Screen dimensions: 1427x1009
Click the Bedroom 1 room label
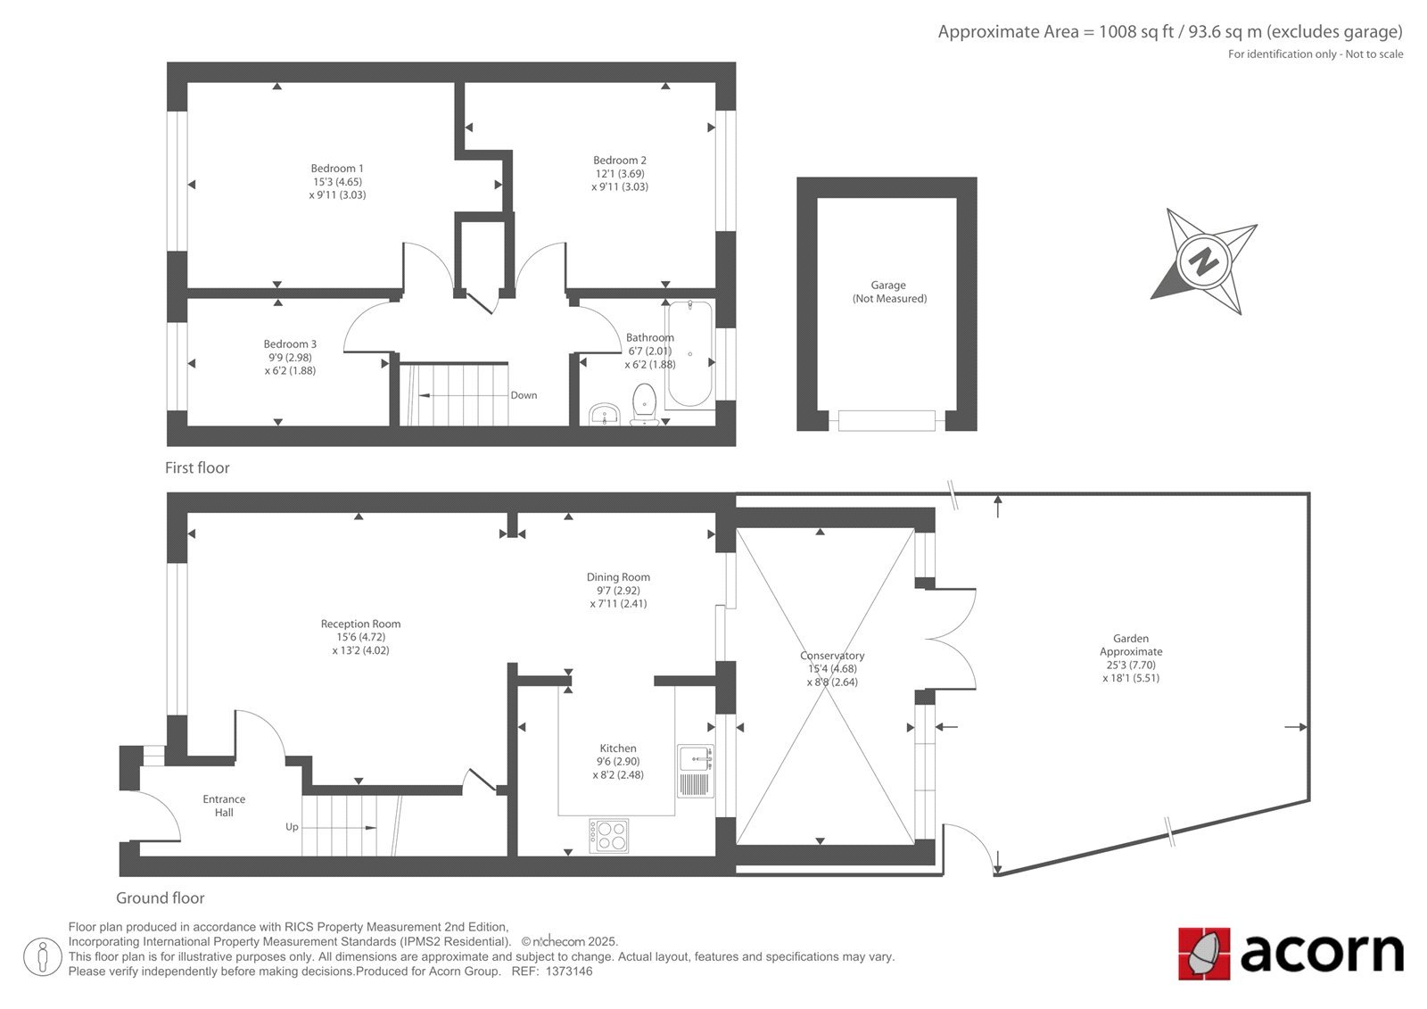[337, 169]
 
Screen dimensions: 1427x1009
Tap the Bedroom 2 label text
[619, 160]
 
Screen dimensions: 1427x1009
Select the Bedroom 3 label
[290, 343]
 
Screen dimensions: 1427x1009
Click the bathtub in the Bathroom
[689, 354]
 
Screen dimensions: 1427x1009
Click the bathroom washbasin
[604, 414]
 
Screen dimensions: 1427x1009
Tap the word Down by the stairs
[524, 395]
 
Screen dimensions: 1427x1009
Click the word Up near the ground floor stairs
[292, 827]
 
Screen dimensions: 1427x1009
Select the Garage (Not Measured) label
[888, 292]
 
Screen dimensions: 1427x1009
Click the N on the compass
[1203, 261]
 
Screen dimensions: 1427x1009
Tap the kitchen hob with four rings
[608, 836]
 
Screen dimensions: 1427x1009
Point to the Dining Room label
[618, 577]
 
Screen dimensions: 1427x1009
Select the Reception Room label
[360, 624]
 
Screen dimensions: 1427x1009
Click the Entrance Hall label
[224, 806]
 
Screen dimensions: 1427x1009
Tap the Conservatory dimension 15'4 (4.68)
[832, 668]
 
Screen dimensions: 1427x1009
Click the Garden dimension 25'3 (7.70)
[1131, 665]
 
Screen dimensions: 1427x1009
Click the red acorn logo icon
[1204, 954]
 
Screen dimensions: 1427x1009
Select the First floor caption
[197, 467]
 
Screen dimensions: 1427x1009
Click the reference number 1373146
[569, 972]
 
